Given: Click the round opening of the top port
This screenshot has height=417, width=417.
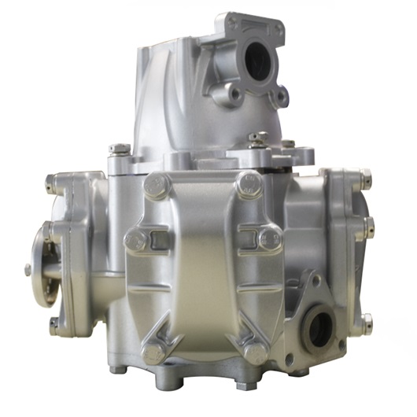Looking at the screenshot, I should coord(257,58).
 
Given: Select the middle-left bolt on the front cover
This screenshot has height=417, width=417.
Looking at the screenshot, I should coord(135,239).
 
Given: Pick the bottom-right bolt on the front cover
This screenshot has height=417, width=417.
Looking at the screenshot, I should coord(255,352).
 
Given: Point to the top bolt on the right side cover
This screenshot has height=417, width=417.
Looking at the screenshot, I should coord(365,178).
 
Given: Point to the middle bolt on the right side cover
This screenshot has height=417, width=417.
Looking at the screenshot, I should coord(367,229).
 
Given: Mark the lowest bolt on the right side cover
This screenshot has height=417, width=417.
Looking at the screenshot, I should coord(366,321).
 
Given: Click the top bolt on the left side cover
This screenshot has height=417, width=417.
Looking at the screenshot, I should coord(50,184).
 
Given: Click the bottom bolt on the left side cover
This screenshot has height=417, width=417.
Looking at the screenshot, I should coord(52,324).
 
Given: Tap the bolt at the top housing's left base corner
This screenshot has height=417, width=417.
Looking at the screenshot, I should coord(118,149).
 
